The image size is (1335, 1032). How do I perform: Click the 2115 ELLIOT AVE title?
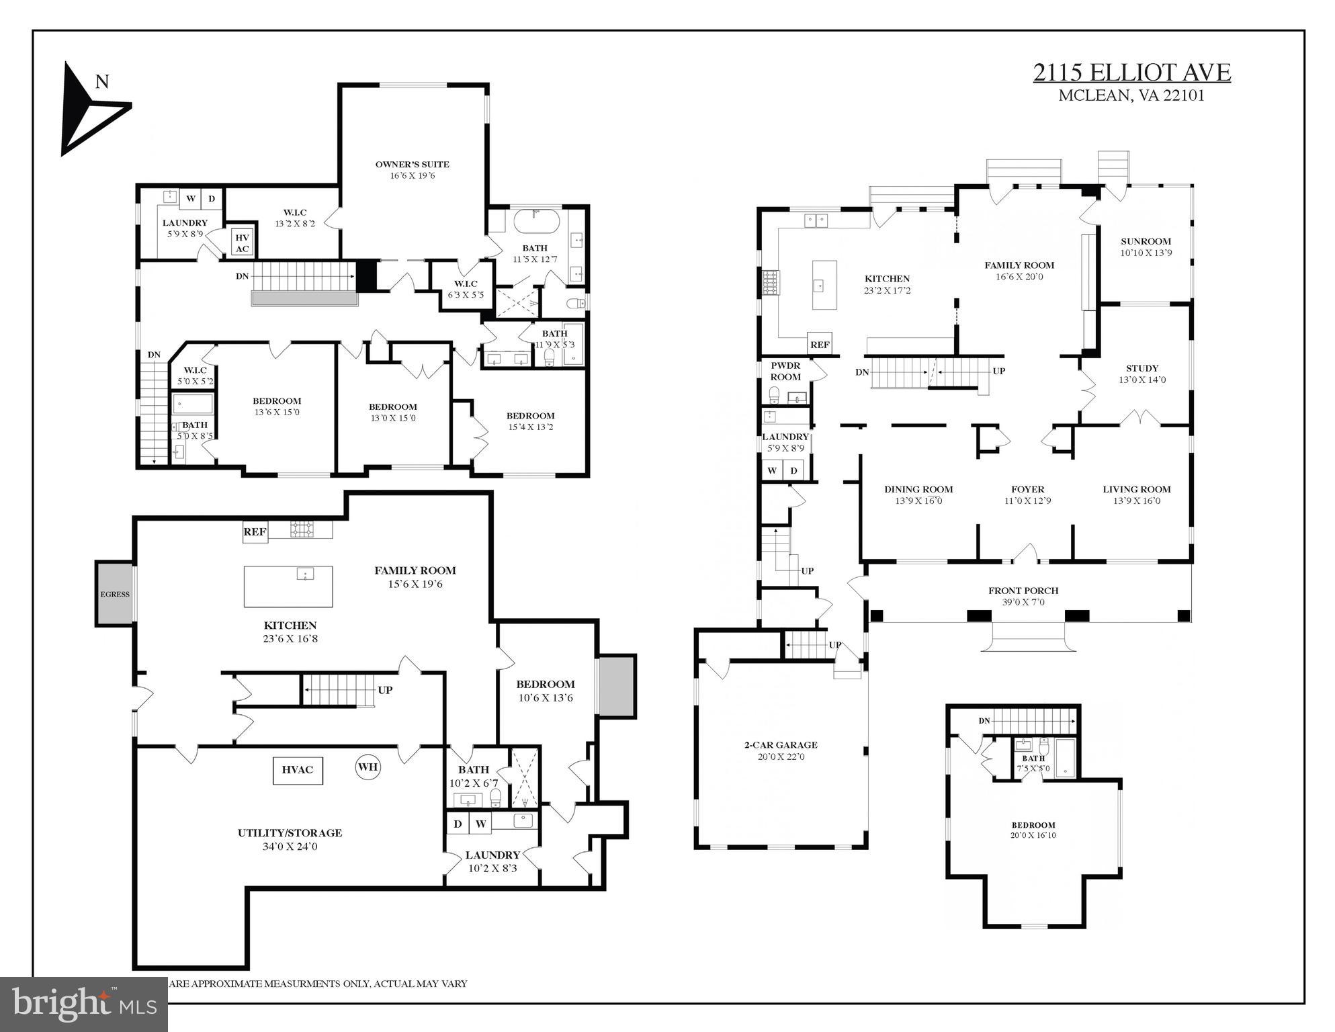[1131, 72]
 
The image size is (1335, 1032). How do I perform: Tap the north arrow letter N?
[102, 82]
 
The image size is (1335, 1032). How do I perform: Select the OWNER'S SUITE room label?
[412, 165]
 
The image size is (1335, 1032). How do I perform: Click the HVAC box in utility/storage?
[298, 770]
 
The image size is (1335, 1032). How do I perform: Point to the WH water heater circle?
[368, 767]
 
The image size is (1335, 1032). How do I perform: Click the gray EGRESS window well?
[115, 594]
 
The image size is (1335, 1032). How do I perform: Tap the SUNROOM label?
[1146, 241]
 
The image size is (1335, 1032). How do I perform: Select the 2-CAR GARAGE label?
[781, 744]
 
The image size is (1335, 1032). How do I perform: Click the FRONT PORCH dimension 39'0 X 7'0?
[1023, 602]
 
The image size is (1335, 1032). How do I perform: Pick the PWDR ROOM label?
[785, 371]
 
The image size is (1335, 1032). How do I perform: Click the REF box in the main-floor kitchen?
[820, 345]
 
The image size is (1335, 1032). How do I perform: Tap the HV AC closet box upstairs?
[243, 243]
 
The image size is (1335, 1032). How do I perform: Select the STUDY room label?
[1142, 368]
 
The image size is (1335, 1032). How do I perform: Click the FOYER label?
[1027, 489]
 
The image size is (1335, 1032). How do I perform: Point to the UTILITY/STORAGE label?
[290, 832]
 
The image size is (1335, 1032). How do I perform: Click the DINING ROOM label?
[918, 489]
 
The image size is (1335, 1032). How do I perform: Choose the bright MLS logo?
[83, 1004]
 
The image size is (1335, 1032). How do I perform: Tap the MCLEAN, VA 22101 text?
[1131, 95]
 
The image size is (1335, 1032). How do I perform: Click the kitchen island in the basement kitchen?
[288, 586]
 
